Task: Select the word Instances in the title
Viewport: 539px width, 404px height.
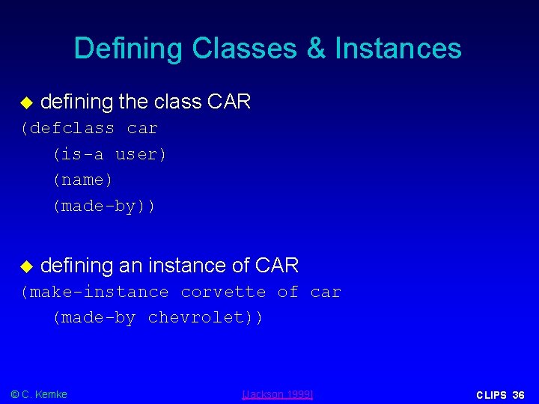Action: pos(398,49)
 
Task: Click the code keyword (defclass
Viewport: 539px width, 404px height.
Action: pos(67,129)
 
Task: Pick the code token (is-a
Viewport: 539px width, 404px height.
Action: pos(77,155)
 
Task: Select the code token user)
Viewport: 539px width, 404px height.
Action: pos(141,155)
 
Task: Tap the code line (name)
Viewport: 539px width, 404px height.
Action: pos(82,180)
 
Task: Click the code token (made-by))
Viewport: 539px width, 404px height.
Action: pos(103,206)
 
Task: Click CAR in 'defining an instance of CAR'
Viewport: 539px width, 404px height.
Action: pos(276,266)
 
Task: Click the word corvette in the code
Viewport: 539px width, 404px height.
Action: pos(223,292)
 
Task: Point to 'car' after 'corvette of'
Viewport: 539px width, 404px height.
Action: pos(326,292)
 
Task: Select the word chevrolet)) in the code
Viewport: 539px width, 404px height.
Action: pos(205,317)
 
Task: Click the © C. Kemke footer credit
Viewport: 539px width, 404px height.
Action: pos(38,394)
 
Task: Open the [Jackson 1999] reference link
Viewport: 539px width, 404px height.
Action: pos(278,394)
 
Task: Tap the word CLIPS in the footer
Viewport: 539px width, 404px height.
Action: pos(491,395)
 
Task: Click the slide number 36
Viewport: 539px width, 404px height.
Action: pos(518,395)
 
